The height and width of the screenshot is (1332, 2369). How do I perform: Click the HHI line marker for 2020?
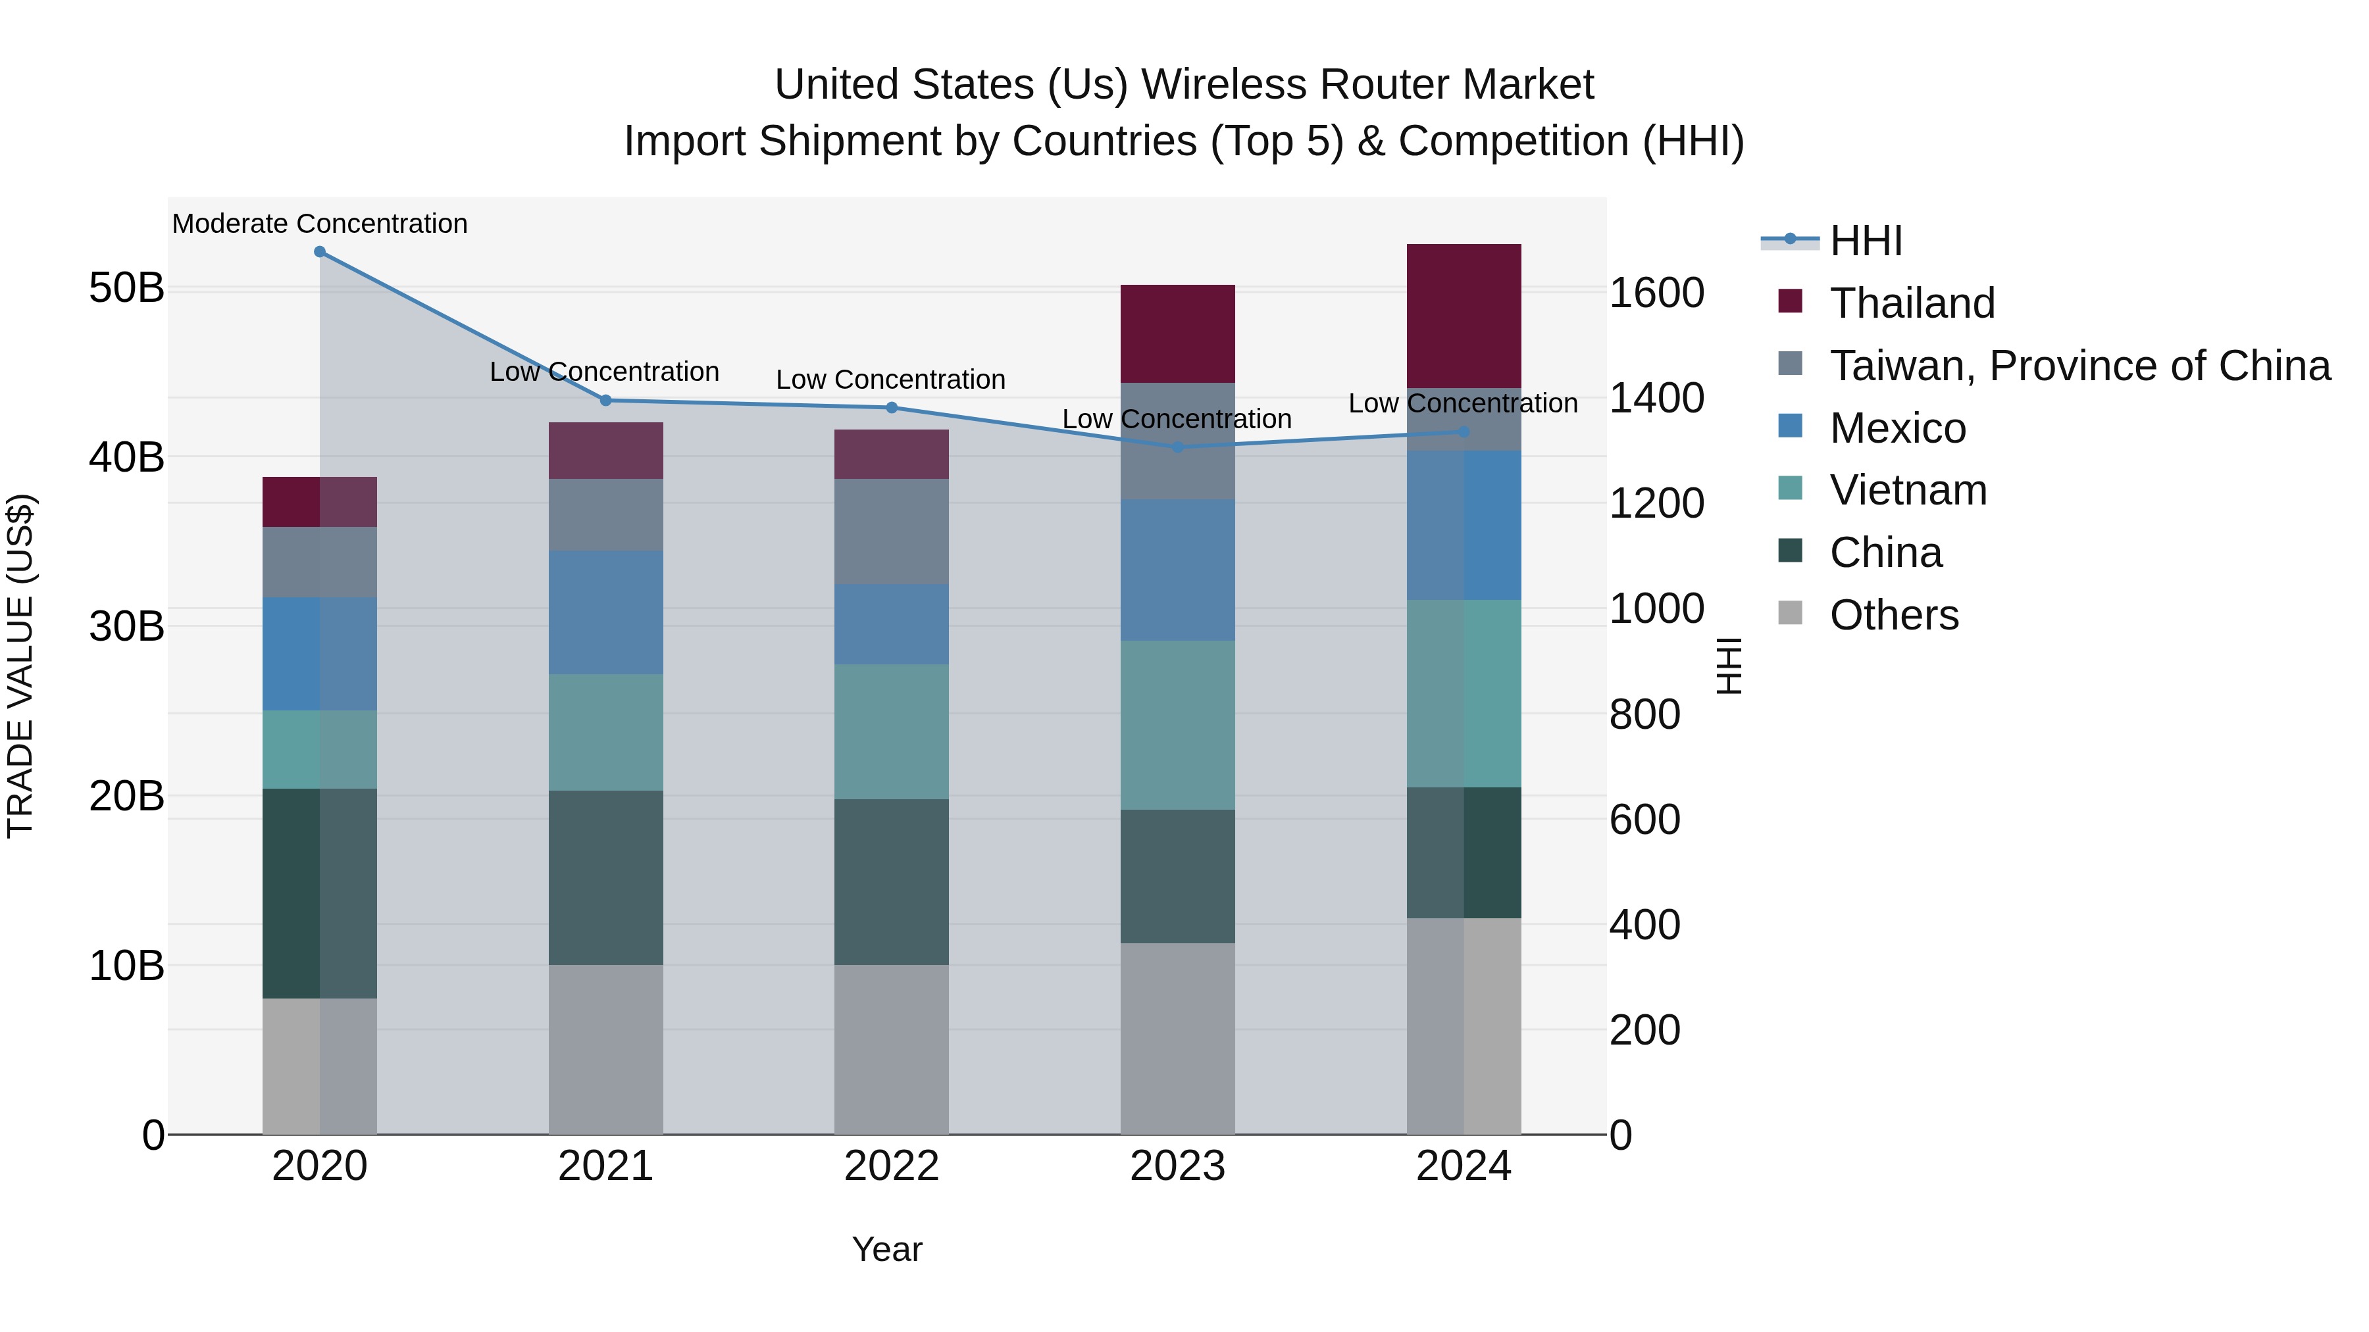click(x=319, y=252)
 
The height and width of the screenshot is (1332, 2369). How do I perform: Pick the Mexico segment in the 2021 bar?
click(x=605, y=612)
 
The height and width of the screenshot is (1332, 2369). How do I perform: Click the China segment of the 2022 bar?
click(x=891, y=881)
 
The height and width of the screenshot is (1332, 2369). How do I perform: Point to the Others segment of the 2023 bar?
click(x=1177, y=1038)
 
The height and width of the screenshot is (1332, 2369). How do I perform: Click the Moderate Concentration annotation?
click(x=319, y=224)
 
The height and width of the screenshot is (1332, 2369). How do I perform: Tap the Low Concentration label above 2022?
click(x=890, y=380)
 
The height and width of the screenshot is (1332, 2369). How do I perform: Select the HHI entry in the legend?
click(x=1865, y=241)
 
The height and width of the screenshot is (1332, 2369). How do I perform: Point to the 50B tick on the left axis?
click(x=126, y=287)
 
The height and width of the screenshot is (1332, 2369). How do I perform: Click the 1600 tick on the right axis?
click(x=1656, y=293)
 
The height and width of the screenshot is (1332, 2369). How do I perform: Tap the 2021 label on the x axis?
click(x=605, y=1166)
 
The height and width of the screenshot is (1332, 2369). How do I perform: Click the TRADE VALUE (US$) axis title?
click(x=20, y=666)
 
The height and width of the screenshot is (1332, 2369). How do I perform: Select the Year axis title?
click(x=886, y=1249)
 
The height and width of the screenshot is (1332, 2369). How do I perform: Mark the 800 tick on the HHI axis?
click(x=1644, y=714)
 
